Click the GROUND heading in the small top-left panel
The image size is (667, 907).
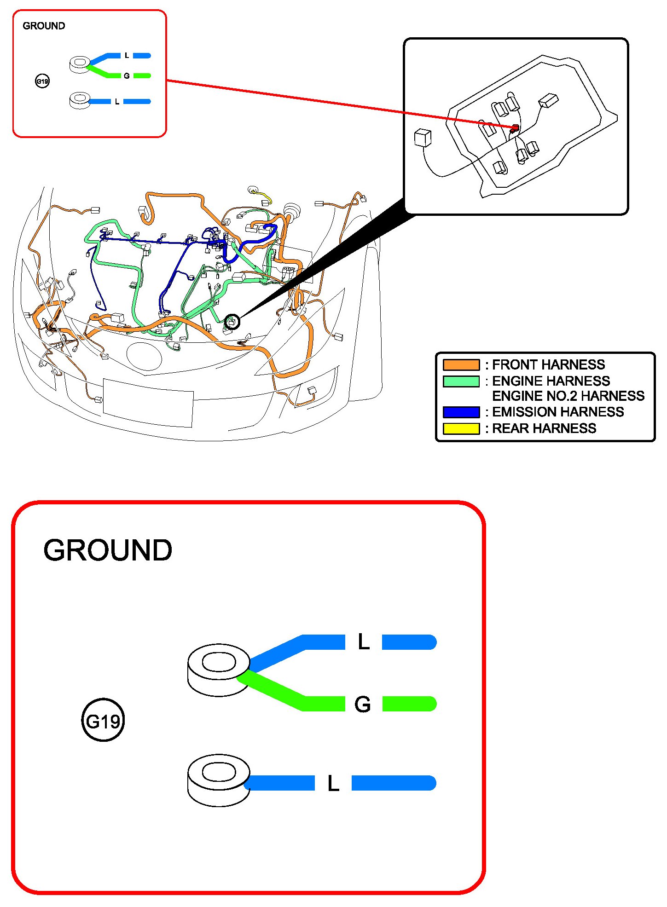click(x=44, y=26)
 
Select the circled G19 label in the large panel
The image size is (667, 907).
click(x=103, y=720)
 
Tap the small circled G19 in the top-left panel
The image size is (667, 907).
click(x=42, y=81)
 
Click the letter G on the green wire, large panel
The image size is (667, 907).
click(x=363, y=704)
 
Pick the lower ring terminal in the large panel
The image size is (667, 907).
click(x=219, y=780)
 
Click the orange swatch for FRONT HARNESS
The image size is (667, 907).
click(x=461, y=365)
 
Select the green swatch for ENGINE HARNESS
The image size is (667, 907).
click(x=461, y=381)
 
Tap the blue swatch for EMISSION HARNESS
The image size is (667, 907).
click(x=461, y=412)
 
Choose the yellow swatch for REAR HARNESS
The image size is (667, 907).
click(x=461, y=428)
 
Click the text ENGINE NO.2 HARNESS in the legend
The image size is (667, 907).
click(x=568, y=396)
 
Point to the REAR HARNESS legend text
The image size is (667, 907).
click(x=544, y=428)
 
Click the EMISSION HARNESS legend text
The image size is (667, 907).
click(x=558, y=412)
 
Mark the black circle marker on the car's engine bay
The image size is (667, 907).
click(x=233, y=322)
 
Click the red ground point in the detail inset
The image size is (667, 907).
click(x=516, y=128)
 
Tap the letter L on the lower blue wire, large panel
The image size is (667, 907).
click(x=333, y=783)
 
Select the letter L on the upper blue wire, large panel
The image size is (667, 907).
click(x=364, y=642)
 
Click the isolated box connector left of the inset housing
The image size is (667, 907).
click(x=423, y=138)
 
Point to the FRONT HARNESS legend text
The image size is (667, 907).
click(x=548, y=365)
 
